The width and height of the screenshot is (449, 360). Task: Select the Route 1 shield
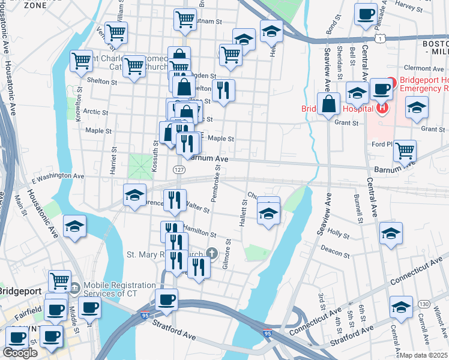pos(379,38)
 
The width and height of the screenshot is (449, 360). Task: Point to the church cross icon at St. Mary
pos(211,254)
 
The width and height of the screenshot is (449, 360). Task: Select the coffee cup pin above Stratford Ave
pos(166,300)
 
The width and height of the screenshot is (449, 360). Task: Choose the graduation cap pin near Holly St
pos(391,234)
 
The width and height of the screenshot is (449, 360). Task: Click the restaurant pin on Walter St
pos(175,200)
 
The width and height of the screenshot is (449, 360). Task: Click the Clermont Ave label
pos(424,68)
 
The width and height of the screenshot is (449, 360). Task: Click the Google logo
pos(20,353)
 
